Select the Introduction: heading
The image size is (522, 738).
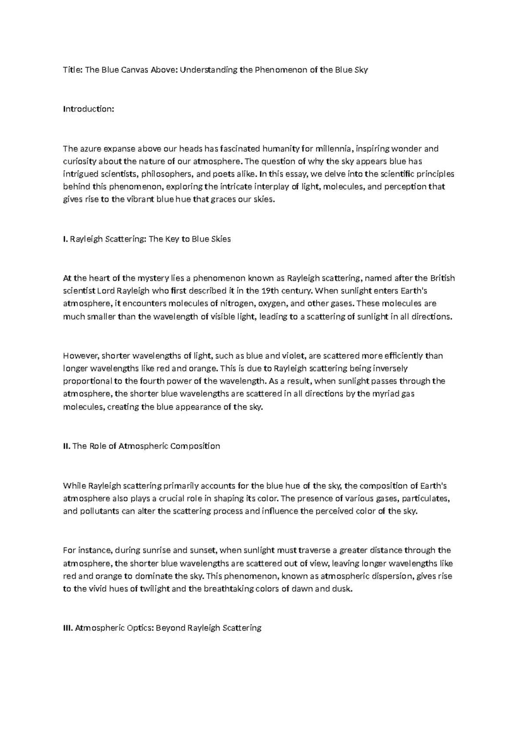(x=88, y=109)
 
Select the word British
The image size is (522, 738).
(x=442, y=278)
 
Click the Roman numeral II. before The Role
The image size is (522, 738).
(x=67, y=446)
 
